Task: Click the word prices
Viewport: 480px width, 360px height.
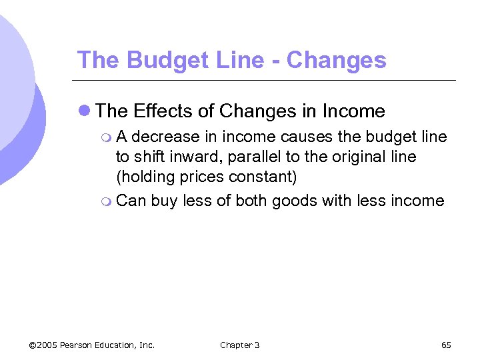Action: click(x=197, y=178)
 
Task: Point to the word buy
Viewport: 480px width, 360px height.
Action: click(x=163, y=201)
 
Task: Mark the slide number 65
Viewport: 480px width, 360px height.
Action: click(x=446, y=345)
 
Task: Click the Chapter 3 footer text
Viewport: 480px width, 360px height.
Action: click(x=239, y=345)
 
